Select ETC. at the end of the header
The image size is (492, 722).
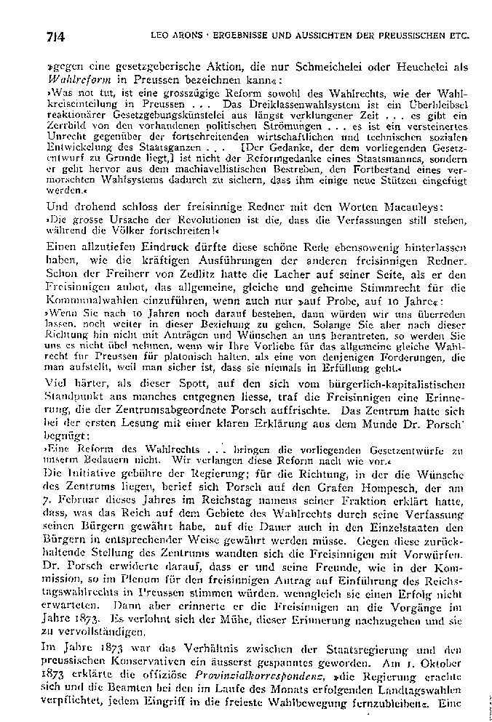(x=456, y=34)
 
